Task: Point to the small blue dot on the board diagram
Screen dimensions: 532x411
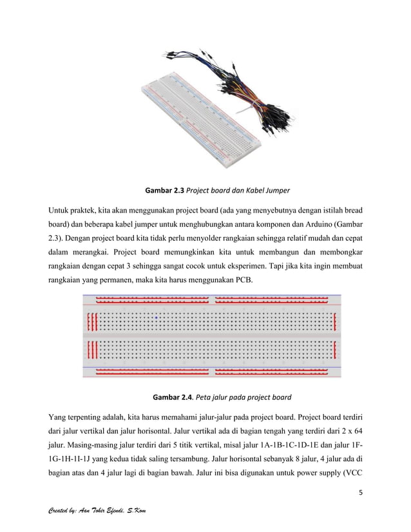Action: click(156, 317)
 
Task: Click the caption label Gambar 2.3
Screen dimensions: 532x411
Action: click(165, 191)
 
